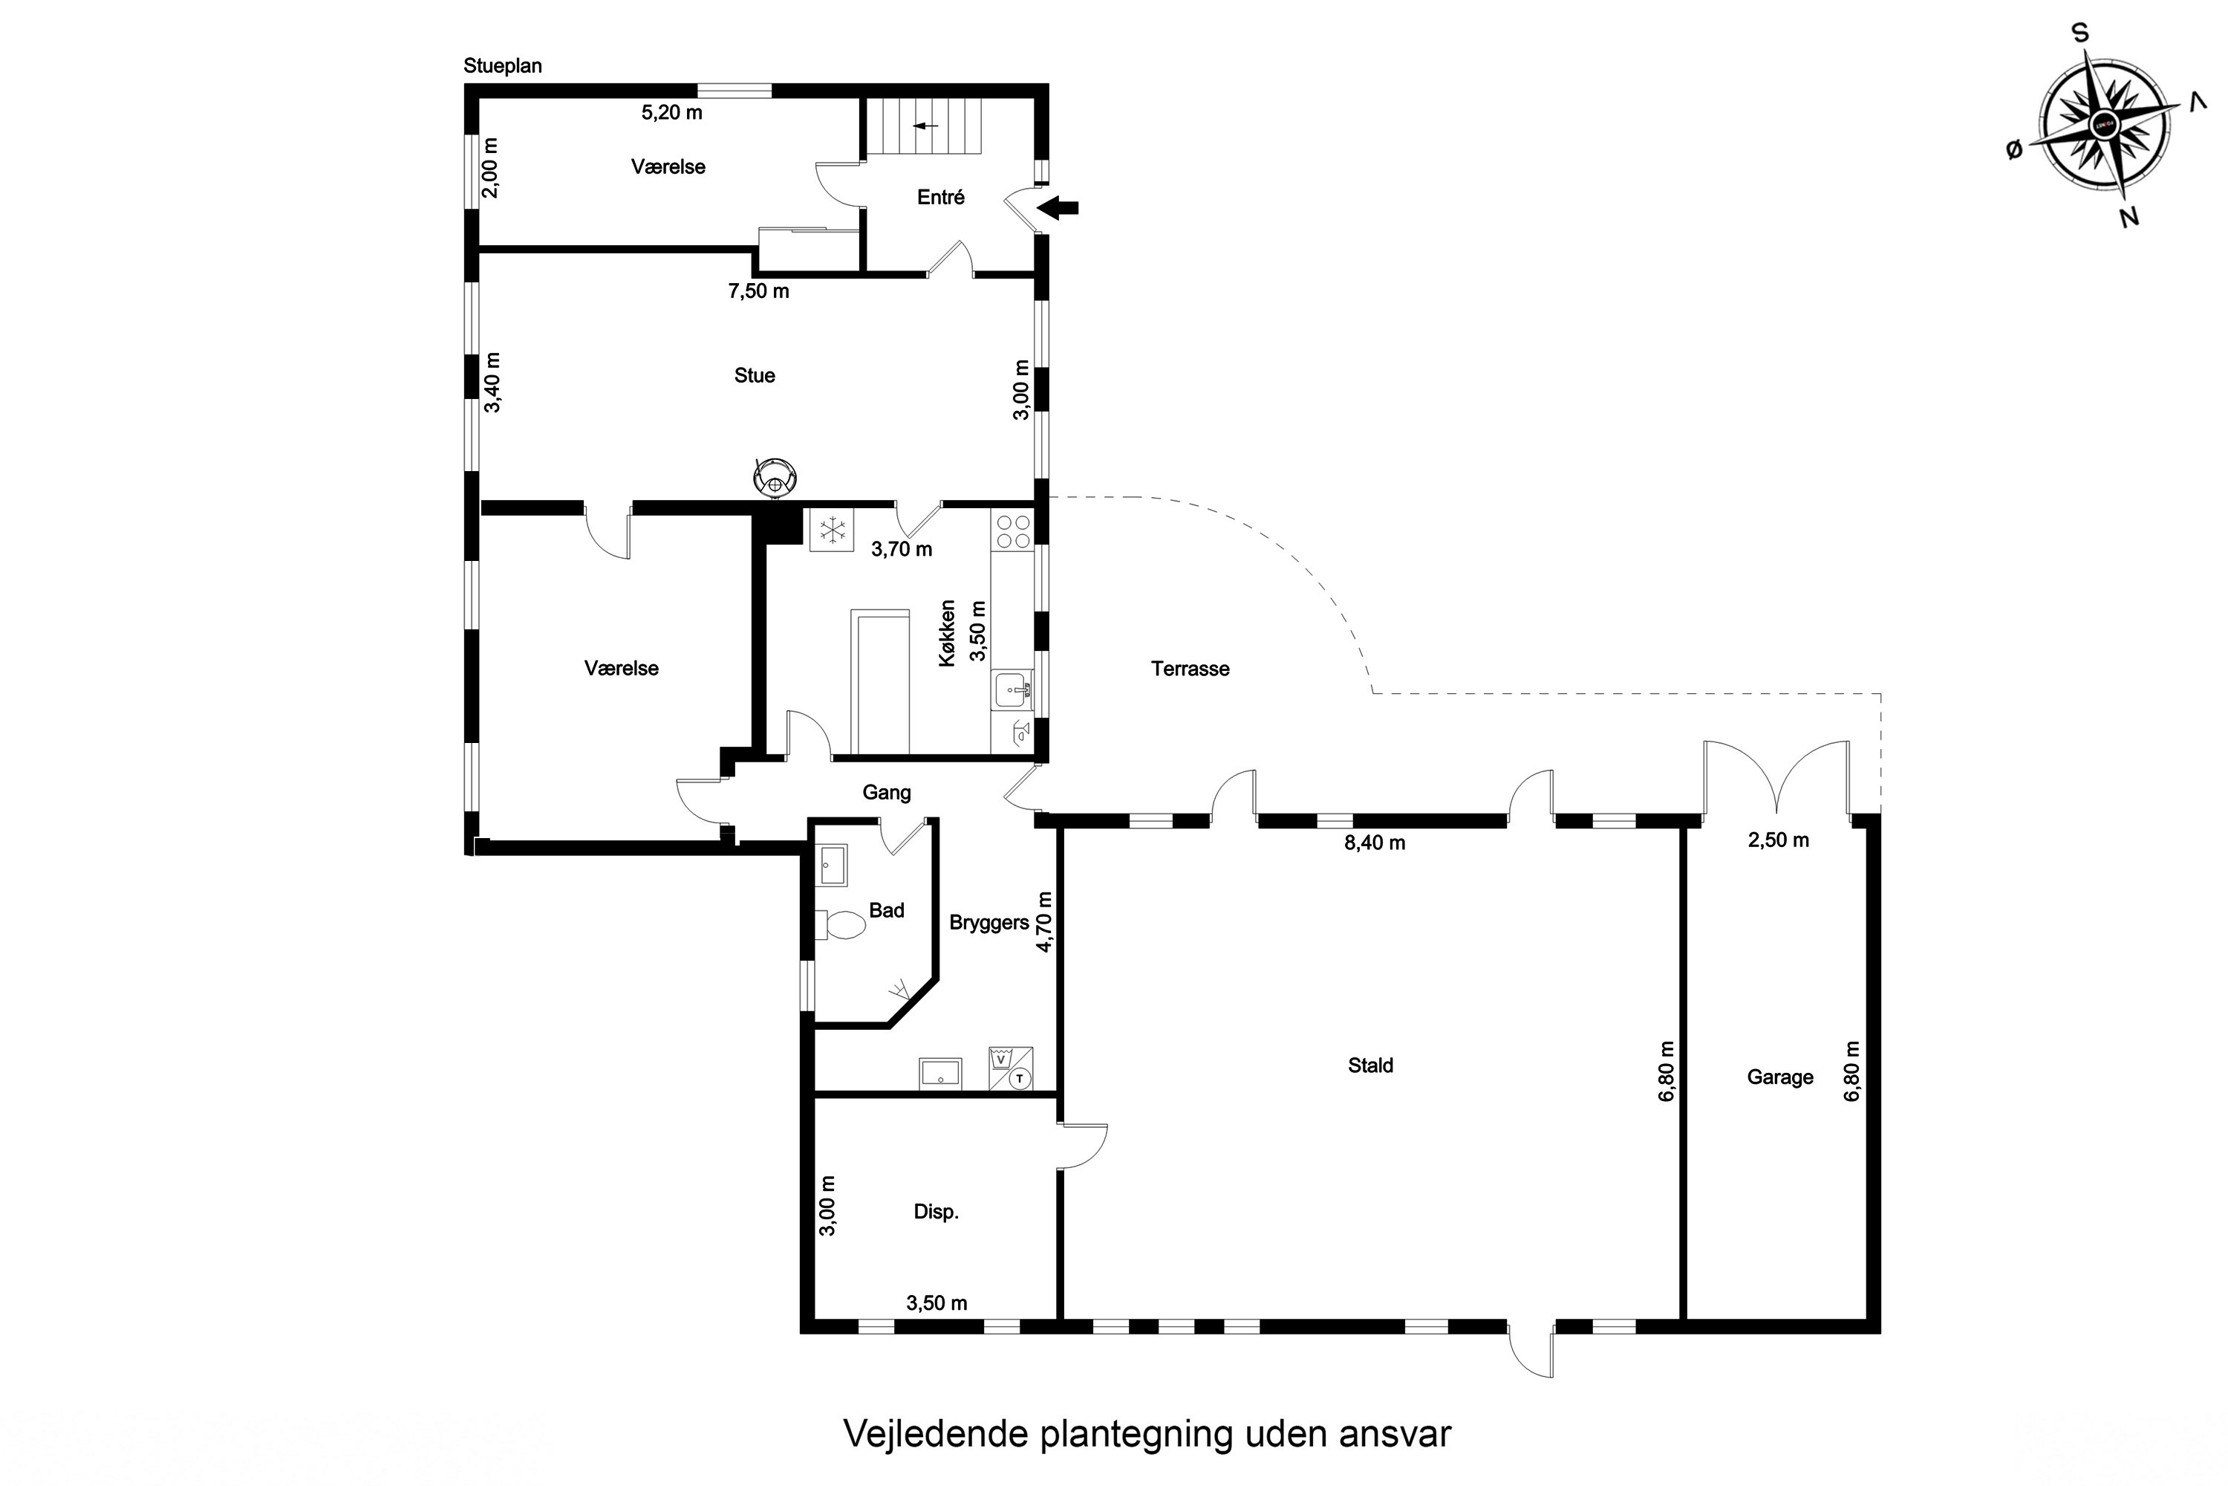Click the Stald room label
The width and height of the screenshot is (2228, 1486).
coord(1369,1065)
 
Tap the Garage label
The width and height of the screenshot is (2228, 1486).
coord(1780,1077)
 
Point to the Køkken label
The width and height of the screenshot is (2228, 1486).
coord(948,633)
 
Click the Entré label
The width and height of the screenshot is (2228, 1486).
coord(941,197)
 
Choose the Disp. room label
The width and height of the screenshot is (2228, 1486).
coord(936,1211)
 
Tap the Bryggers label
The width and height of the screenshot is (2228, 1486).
coord(989,922)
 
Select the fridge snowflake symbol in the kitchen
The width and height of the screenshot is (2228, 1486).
coord(832,530)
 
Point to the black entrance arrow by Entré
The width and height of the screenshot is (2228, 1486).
coord(1058,207)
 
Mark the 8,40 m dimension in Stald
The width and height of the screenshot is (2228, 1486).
coord(1375,843)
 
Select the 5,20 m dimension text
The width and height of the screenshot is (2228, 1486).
coord(671,112)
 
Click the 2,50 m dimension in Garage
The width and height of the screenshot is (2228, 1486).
coord(1778,840)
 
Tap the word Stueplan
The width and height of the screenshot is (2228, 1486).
coord(502,65)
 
